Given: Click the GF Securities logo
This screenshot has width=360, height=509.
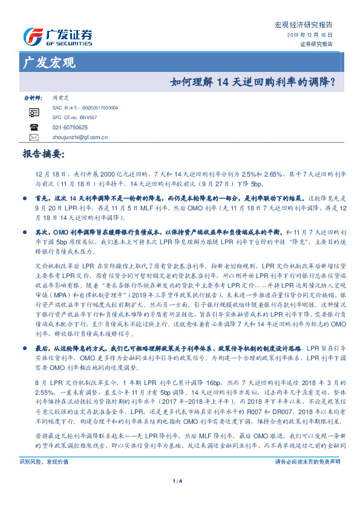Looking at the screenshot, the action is pos(57,37).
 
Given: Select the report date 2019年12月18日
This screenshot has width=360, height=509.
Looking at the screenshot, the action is pos(310,36).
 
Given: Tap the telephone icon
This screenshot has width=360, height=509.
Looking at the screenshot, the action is pos(34,127).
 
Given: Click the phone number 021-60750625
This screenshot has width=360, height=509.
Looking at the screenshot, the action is pos(70,128).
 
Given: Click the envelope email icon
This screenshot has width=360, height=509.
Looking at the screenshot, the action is pos(34,137).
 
